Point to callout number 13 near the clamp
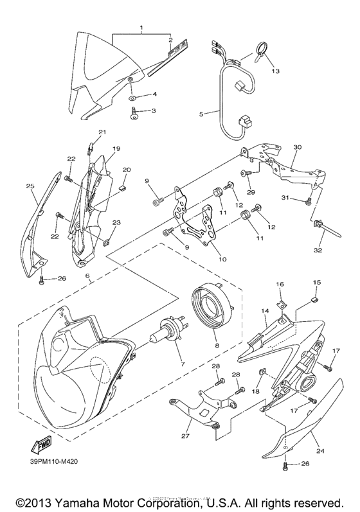point(276,71)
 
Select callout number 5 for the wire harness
point(201,114)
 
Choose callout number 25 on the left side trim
point(30,186)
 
